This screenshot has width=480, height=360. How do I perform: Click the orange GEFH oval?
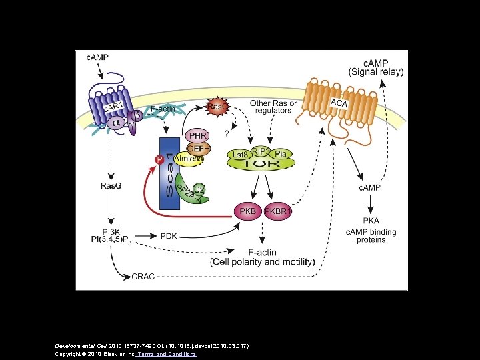coord(199,149)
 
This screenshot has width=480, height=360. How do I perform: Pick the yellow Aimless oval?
coord(189,159)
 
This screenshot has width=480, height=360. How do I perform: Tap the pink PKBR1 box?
coord(278,212)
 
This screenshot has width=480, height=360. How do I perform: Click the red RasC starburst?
coord(217,107)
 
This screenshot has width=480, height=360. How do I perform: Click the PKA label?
coord(371,221)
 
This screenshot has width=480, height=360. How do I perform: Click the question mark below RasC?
coord(218,131)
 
